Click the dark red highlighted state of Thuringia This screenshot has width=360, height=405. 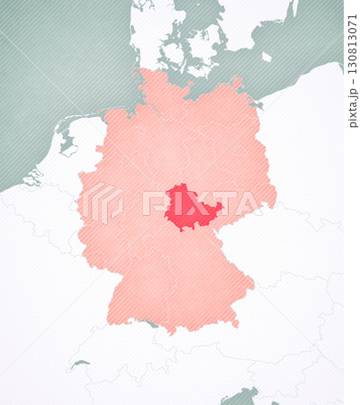click(188, 208)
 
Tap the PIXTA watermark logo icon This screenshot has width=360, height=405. click(103, 203)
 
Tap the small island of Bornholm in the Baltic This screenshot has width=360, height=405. click(266, 57)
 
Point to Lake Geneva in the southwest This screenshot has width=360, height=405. click(80, 364)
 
